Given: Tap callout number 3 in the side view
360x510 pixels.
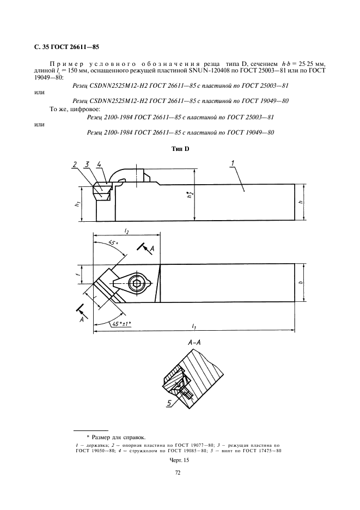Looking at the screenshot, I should click(87, 163).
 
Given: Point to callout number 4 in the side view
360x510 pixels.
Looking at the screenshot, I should click(99, 163).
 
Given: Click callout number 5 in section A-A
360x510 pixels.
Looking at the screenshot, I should click(169, 403).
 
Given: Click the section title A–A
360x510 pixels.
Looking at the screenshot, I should click(194, 344).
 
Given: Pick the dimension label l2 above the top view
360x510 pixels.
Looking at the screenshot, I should click(127, 232).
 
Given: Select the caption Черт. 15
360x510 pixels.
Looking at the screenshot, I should click(179, 460).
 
